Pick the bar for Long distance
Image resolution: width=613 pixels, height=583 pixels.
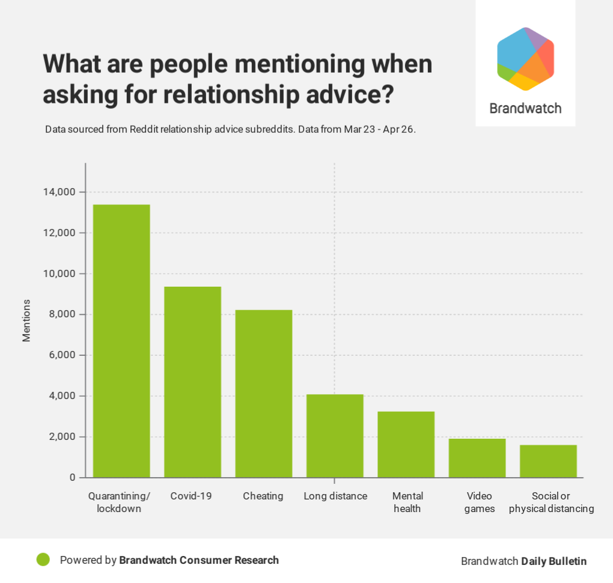pyautogui.click(x=335, y=436)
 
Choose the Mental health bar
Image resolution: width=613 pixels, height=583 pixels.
pyautogui.click(x=406, y=444)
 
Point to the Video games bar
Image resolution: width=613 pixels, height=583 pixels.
pyautogui.click(x=477, y=458)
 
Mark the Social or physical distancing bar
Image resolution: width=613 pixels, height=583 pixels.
pyautogui.click(x=548, y=461)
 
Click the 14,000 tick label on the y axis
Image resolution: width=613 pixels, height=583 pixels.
pyautogui.click(x=59, y=192)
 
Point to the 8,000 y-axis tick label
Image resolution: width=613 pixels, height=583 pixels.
pyautogui.click(x=61, y=314)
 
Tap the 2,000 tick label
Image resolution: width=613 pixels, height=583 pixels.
pyautogui.click(x=61, y=437)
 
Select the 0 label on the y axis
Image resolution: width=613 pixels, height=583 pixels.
pyautogui.click(x=73, y=478)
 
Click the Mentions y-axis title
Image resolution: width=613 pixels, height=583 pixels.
pyautogui.click(x=26, y=320)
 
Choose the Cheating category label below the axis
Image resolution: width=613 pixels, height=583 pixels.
pyautogui.click(x=263, y=496)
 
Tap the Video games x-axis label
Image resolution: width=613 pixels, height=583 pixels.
pyautogui.click(x=480, y=502)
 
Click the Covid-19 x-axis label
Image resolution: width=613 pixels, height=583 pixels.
pyautogui.click(x=191, y=496)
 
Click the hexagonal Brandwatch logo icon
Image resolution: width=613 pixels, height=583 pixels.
pyautogui.click(x=525, y=59)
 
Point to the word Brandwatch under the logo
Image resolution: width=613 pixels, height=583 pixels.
pyautogui.click(x=525, y=109)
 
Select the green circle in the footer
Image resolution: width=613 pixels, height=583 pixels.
pyautogui.click(x=43, y=560)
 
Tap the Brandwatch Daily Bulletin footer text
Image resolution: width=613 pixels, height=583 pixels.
pyautogui.click(x=523, y=561)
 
